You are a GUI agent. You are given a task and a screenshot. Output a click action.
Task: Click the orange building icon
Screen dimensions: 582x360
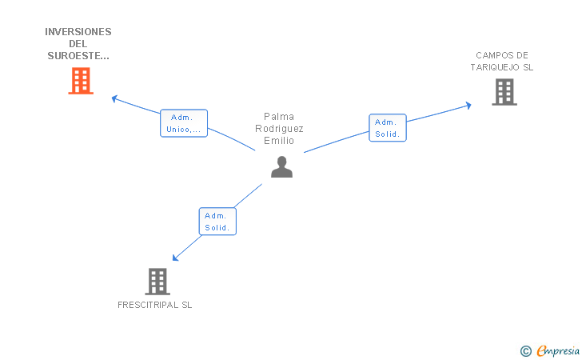(81, 81)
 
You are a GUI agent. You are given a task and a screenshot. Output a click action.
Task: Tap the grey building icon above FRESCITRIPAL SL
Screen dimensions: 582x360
(157, 282)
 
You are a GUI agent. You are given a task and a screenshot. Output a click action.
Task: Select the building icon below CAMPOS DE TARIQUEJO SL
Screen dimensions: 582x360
(504, 92)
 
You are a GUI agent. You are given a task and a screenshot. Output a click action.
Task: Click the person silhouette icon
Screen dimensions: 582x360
(281, 167)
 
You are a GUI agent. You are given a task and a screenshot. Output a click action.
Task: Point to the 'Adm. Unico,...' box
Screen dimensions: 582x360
(184, 123)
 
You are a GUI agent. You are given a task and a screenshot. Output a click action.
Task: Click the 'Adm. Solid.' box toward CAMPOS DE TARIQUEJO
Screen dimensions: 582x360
(388, 128)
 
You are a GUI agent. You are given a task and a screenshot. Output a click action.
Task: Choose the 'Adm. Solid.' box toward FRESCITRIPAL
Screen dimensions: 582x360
(217, 222)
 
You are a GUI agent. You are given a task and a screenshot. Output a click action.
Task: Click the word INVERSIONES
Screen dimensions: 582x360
(78, 32)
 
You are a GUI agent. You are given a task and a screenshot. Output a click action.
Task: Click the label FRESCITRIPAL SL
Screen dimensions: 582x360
(155, 305)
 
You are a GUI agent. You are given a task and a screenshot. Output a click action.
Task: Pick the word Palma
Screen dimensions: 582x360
(279, 117)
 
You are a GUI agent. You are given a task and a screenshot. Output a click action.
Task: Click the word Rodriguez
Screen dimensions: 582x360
(279, 129)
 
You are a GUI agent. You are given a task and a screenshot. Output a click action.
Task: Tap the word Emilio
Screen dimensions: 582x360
(279, 141)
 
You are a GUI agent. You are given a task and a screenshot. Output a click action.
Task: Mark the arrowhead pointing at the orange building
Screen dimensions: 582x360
(114, 99)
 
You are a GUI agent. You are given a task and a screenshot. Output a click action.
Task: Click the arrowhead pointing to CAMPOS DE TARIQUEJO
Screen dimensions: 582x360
(468, 106)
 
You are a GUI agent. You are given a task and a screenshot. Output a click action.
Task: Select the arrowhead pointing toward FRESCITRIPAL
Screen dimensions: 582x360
(176, 258)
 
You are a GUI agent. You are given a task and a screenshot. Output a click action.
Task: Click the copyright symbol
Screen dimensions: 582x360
(526, 351)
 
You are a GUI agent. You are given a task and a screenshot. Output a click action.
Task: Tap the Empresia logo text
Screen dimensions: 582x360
(558, 351)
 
